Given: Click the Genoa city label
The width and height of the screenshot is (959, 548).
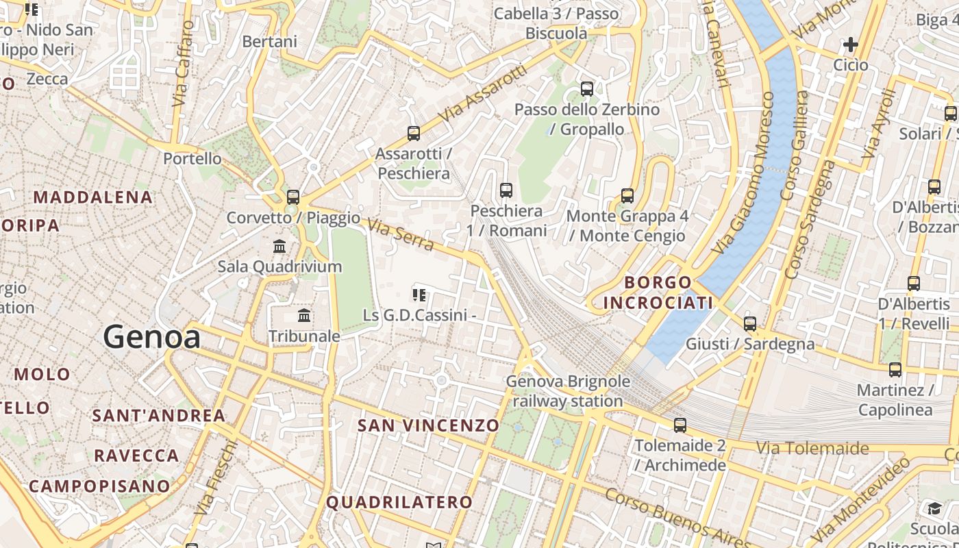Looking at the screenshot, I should pyautogui.click(x=152, y=338).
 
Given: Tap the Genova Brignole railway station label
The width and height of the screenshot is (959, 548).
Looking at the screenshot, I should pyautogui.click(x=568, y=391).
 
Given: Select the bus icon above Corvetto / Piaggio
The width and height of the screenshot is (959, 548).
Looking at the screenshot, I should pyautogui.click(x=293, y=197).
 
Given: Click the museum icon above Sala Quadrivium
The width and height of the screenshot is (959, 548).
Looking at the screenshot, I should pyautogui.click(x=279, y=247).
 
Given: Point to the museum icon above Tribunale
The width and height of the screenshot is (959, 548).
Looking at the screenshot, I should pyautogui.click(x=304, y=316).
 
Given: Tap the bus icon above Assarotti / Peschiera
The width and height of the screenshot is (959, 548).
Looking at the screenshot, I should pyautogui.click(x=414, y=134).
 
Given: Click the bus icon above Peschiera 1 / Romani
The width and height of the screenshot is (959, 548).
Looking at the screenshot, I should pyautogui.click(x=506, y=190).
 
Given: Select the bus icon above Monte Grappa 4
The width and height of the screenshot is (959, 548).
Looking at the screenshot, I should pyautogui.click(x=627, y=196).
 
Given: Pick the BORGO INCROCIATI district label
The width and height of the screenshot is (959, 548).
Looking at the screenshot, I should pyautogui.click(x=658, y=292).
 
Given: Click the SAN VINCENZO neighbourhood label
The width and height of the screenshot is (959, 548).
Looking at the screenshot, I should pyautogui.click(x=429, y=425).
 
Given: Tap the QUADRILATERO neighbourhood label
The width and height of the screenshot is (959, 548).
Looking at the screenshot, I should pyautogui.click(x=399, y=502).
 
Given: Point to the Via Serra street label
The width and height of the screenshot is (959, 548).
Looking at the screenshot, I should pyautogui.click(x=401, y=234).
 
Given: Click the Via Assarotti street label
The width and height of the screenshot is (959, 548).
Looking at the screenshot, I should pyautogui.click(x=484, y=94).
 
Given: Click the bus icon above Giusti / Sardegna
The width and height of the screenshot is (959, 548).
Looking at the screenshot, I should pyautogui.click(x=750, y=323).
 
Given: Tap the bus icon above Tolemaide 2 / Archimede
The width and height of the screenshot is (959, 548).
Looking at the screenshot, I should pyautogui.click(x=680, y=425).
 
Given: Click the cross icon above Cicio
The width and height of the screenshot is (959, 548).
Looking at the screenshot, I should pyautogui.click(x=851, y=45).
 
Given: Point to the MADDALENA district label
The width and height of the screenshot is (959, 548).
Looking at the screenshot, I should pyautogui.click(x=93, y=197).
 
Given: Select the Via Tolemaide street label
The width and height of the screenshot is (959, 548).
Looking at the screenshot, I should pyautogui.click(x=812, y=449).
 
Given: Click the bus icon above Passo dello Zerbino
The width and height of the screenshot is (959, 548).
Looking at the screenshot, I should pyautogui.click(x=587, y=89).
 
